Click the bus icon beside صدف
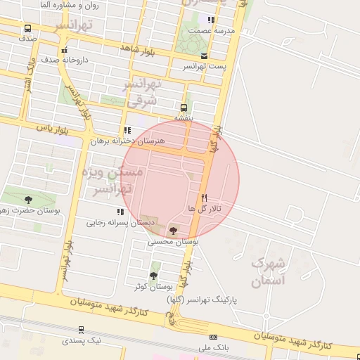27,29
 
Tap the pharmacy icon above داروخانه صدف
64,50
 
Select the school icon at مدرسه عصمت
211,20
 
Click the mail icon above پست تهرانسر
204,56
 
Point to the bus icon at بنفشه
184,108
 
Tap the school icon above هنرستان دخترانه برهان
127,130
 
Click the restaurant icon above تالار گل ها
205,198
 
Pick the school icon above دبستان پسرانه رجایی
119,212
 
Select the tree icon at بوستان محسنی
173,230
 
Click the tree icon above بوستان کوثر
153,275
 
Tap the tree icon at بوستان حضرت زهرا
28,200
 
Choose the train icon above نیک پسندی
82,329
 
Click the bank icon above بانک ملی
214,337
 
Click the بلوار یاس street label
53,129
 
